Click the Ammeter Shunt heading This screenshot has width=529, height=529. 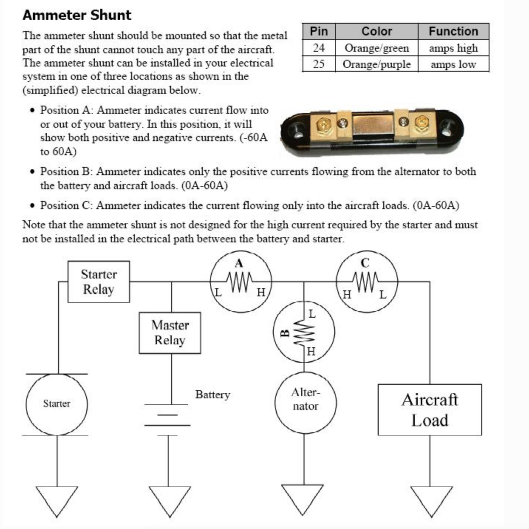point(77,15)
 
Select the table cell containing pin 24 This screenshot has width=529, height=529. point(319,48)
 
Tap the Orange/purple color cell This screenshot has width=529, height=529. point(377,64)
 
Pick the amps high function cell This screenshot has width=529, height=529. point(454,48)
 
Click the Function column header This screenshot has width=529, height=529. point(454,31)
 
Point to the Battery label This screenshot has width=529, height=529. point(213,395)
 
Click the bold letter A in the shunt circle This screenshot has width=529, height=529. point(239,263)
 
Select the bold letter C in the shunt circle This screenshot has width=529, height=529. point(365,263)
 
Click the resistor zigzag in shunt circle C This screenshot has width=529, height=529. point(365,282)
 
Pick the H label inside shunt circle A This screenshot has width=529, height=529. point(261,293)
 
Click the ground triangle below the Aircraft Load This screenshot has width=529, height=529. point(431,502)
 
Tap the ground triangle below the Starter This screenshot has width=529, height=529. point(57,502)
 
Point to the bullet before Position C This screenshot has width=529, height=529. point(33,206)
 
